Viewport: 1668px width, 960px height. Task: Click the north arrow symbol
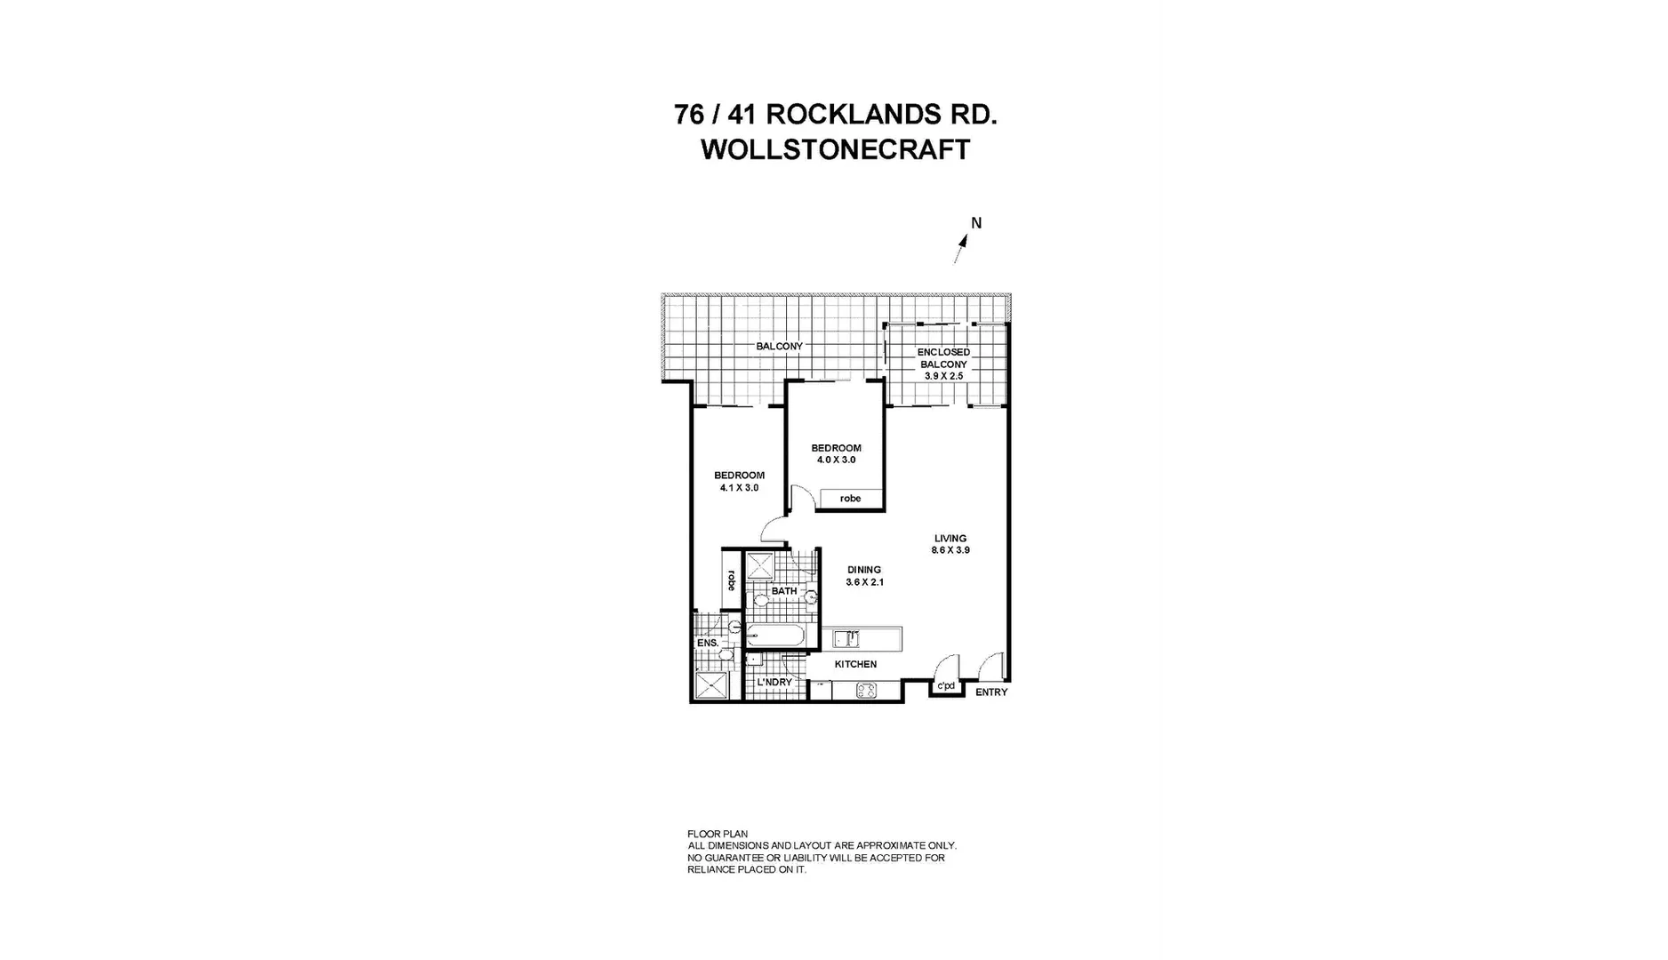(960, 248)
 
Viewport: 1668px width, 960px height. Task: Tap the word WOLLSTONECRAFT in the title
(835, 149)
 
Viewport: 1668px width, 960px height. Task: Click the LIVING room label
(950, 538)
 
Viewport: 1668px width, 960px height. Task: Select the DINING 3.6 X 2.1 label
(864, 576)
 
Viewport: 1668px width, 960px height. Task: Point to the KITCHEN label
(855, 664)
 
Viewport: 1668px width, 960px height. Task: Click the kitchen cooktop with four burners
(866, 691)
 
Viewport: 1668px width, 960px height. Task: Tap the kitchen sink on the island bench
(846, 636)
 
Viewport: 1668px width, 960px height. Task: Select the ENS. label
(707, 643)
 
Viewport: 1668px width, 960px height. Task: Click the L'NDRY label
(774, 682)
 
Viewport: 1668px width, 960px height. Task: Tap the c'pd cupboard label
(946, 685)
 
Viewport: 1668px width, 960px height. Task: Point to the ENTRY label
(991, 692)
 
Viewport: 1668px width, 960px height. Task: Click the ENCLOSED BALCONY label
(943, 358)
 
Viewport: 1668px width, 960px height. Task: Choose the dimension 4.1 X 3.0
(739, 487)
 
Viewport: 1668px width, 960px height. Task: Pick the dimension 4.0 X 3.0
(836, 460)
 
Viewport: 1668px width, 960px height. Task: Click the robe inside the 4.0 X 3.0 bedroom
(851, 499)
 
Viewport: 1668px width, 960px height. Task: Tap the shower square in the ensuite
(711, 686)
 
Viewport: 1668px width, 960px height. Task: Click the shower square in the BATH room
(759, 565)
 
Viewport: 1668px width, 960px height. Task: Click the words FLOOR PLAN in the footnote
(718, 834)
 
